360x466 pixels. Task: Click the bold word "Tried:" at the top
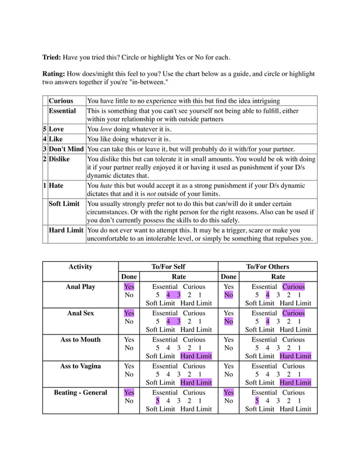[52, 57]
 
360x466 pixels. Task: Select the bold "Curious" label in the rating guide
[61, 100]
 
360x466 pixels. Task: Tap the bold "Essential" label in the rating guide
[63, 111]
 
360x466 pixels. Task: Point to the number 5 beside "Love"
[45, 129]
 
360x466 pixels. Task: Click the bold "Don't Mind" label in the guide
[66, 149]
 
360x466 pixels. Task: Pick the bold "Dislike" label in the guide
[59, 159]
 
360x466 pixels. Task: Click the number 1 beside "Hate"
[45, 185]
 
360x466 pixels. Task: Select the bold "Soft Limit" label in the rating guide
[64, 203]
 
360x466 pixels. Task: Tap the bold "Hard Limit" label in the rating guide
[65, 230]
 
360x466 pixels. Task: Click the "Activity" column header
[80, 266]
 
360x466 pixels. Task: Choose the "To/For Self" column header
[168, 266]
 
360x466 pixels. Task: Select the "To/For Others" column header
[267, 266]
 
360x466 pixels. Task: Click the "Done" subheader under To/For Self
[129, 276]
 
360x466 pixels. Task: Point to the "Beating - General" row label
[80, 392]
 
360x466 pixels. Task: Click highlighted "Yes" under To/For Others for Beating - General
[229, 392]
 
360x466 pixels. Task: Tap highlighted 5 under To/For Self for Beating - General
[158, 401]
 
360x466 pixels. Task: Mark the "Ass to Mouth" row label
[80, 340]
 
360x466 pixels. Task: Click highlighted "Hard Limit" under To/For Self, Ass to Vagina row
[196, 383]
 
